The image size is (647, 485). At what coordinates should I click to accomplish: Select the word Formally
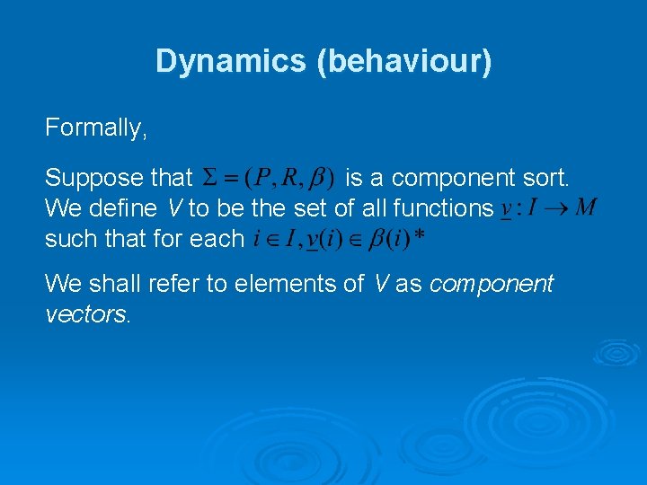point(95,128)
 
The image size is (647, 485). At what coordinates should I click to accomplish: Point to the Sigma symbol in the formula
point(208,178)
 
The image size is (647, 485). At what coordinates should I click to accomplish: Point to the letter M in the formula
point(584,208)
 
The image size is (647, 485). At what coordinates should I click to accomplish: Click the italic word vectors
point(87,315)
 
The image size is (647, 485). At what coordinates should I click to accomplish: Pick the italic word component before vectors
point(492,285)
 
